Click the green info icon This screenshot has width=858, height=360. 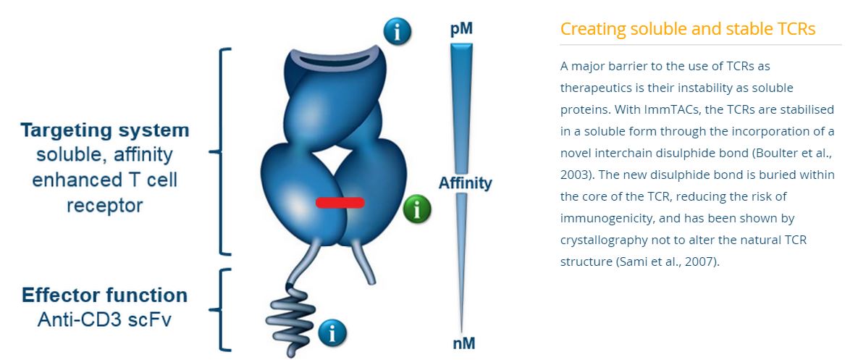click(417, 209)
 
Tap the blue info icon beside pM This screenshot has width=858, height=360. click(398, 31)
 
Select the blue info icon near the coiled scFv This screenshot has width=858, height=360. click(332, 332)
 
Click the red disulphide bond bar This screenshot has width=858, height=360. click(340, 203)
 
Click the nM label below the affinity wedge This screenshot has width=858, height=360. click(463, 343)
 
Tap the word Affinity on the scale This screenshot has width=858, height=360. click(465, 183)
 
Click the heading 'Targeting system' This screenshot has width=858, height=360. click(105, 131)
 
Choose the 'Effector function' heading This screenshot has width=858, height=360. click(104, 296)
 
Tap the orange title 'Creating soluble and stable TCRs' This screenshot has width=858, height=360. click(688, 28)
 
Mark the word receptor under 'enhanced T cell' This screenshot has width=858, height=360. click(104, 206)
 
